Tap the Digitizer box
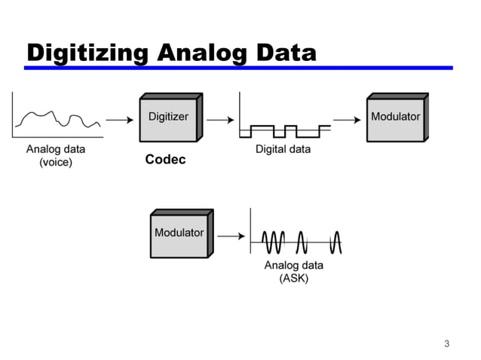pos(170,117)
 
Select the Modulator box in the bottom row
pos(180,234)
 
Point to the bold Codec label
pos(165,160)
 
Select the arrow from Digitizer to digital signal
pos(218,119)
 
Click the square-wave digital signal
pos(284,130)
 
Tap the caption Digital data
pos(283,149)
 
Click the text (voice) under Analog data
pos(56,162)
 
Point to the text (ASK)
pos(293,278)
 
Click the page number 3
pos(446,344)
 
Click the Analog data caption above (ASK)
pos(293,265)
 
